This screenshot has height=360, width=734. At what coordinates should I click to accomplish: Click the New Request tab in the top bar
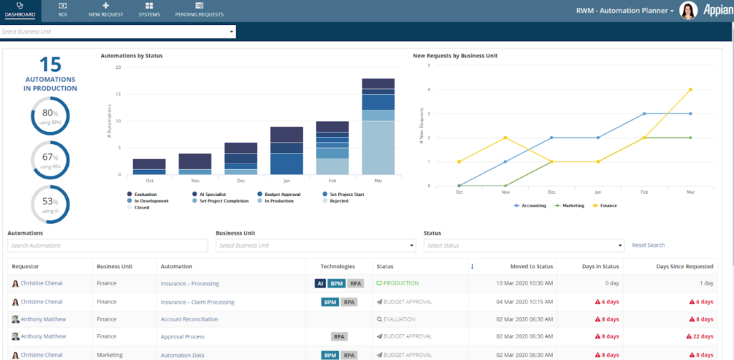105,10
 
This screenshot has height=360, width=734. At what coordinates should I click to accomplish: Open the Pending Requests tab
199,10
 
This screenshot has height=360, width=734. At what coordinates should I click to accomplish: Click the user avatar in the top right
687,11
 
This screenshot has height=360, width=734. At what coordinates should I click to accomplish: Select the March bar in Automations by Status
378,126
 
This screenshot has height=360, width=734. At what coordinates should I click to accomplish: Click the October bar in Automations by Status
149,166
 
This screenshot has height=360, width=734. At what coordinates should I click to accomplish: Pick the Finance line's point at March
690,90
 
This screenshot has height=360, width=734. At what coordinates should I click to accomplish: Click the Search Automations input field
108,245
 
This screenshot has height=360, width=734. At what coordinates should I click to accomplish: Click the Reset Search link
648,245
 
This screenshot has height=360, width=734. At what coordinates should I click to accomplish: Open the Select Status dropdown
523,245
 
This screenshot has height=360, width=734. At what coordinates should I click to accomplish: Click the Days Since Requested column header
685,267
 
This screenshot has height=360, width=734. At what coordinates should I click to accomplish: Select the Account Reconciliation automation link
189,319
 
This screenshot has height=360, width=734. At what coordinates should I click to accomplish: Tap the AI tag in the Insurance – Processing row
320,283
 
